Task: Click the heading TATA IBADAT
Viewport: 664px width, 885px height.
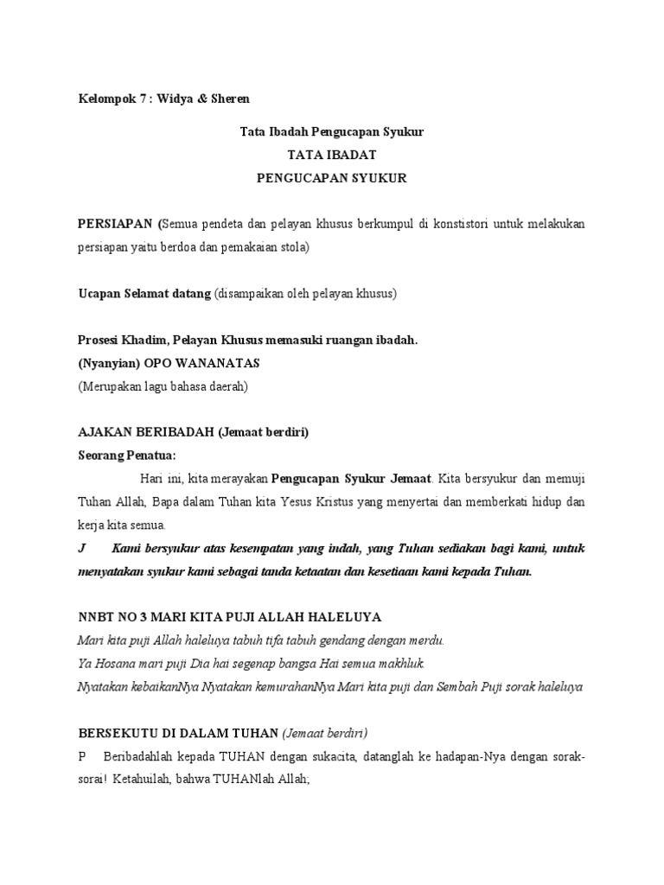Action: point(331,156)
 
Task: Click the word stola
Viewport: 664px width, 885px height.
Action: point(291,247)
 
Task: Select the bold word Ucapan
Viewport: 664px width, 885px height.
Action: point(99,294)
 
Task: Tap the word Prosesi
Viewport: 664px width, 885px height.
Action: point(99,341)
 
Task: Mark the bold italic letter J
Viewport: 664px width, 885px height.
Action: point(81,549)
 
